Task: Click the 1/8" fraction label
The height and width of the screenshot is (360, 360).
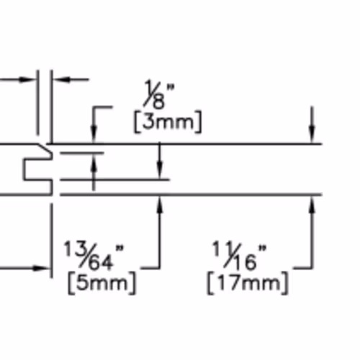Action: pos(159,94)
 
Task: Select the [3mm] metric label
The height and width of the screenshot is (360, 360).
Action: pos(168,122)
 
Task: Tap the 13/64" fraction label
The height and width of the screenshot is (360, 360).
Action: pos(94,256)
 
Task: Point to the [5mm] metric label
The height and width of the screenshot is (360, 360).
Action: pos(102,284)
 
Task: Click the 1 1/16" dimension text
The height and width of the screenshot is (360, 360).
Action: pos(240,256)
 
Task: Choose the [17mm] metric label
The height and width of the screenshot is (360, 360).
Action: pos(248,284)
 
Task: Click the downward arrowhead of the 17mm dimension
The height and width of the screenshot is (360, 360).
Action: pos(312,135)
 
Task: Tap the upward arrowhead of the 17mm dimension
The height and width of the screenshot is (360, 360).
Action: pos(312,204)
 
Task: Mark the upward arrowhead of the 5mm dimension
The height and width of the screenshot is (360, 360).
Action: pos(160,204)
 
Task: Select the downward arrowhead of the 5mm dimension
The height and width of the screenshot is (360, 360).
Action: pos(160,170)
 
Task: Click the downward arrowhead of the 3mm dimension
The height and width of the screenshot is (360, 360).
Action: pos(94,135)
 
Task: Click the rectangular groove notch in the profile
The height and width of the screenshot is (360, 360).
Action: pos(37,169)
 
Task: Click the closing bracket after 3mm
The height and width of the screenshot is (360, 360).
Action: pos(199,122)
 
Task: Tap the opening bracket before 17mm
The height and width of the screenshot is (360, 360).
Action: pos(210,284)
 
